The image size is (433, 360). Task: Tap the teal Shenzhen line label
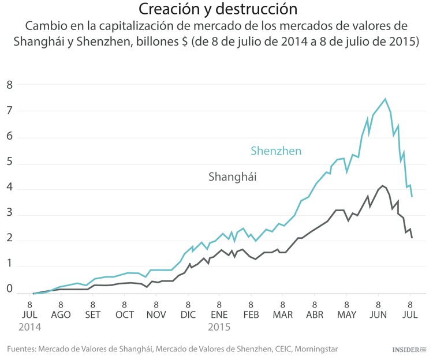point(276,151)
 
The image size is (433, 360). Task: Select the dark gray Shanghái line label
point(232,177)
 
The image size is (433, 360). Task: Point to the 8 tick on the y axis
point(9,85)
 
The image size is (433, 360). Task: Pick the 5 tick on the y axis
point(9,164)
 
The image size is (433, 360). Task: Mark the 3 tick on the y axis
point(9,215)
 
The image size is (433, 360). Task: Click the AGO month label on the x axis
point(61,314)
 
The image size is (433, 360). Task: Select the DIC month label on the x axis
point(188,314)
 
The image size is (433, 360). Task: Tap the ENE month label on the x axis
point(219,314)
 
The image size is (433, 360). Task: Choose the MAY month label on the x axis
point(346,314)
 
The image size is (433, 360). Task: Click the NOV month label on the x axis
point(156,314)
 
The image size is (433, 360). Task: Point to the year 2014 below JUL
point(29,327)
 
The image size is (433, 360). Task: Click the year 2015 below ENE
point(219,327)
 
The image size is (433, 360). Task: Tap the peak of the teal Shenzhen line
point(385,99)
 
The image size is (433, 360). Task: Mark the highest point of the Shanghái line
point(382,186)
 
